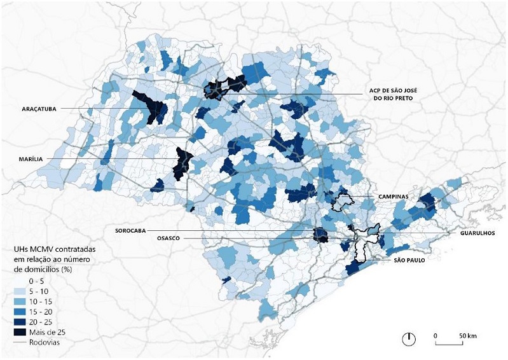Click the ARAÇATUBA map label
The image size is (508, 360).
pos(37,109)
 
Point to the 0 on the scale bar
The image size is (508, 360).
pos(436,334)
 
